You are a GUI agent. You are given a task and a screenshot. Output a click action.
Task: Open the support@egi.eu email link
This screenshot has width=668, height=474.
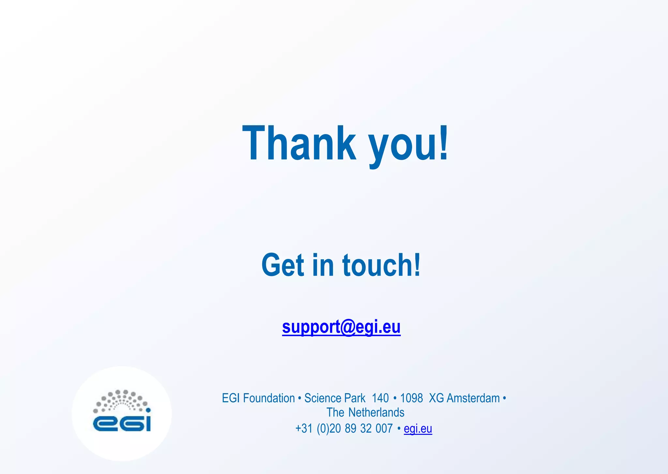coord(341,327)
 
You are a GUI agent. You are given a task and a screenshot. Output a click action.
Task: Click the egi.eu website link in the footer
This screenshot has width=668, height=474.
coord(418,429)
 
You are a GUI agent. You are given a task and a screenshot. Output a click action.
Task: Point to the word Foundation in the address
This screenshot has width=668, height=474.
coord(269,398)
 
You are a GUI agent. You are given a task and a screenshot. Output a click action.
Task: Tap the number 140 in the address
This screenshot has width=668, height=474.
coord(380,398)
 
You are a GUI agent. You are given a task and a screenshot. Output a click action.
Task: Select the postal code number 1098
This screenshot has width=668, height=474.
coord(411,398)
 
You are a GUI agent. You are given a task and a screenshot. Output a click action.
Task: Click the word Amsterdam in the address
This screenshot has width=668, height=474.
coord(473,398)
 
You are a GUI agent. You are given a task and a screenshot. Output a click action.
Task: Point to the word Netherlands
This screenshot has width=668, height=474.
coord(376,413)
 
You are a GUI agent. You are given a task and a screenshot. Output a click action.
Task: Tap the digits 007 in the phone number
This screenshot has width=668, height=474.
coord(384,429)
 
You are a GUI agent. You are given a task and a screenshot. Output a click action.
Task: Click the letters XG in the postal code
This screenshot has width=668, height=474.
coord(436,398)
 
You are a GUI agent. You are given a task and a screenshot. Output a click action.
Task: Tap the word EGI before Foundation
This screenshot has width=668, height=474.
coord(231,398)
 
